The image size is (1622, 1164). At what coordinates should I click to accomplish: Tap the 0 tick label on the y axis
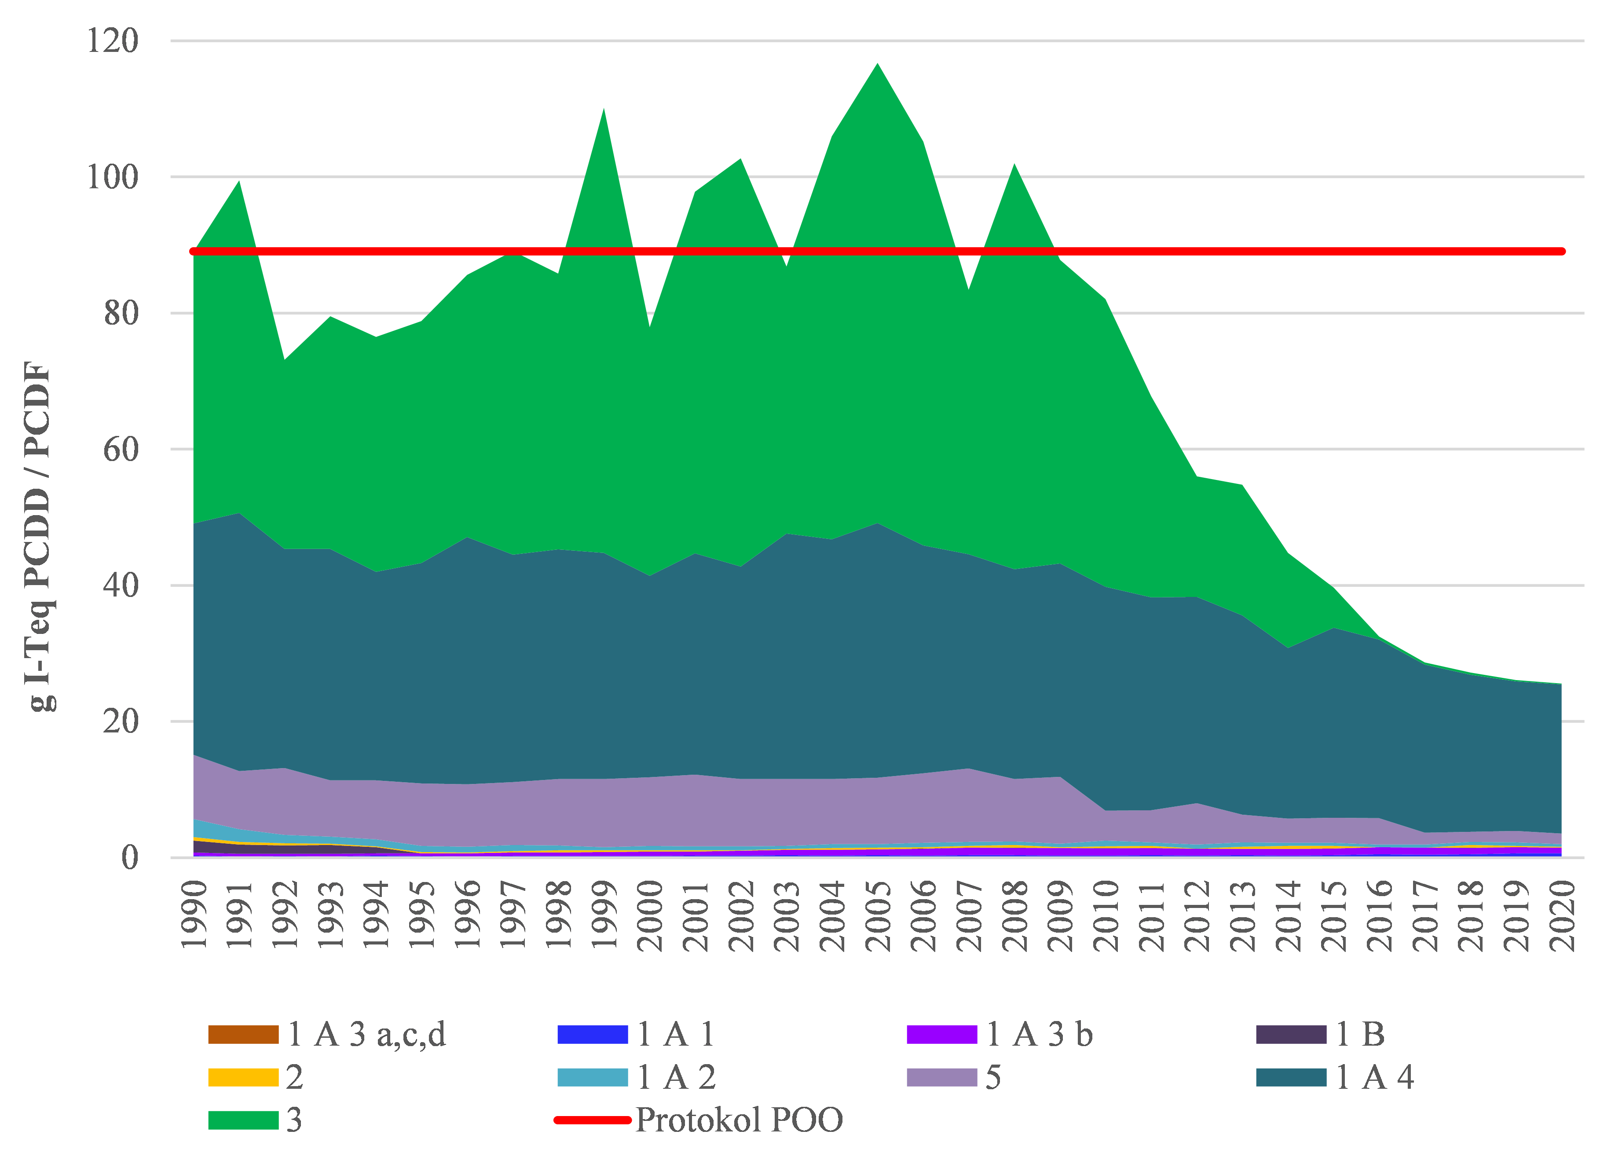point(129,857)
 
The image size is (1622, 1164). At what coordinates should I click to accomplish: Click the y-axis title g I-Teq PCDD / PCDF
point(39,536)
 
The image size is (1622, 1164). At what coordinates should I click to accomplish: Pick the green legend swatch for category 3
point(243,1120)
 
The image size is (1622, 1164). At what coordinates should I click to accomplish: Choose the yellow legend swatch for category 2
point(243,1077)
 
